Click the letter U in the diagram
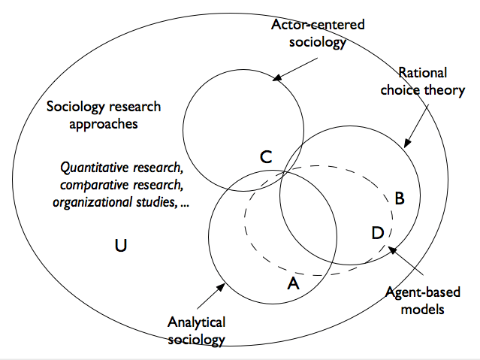119,244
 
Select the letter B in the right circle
400,198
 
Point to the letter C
266,158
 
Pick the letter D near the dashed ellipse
379,231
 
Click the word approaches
104,124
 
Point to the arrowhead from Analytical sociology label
226,284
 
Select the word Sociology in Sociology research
72,107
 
